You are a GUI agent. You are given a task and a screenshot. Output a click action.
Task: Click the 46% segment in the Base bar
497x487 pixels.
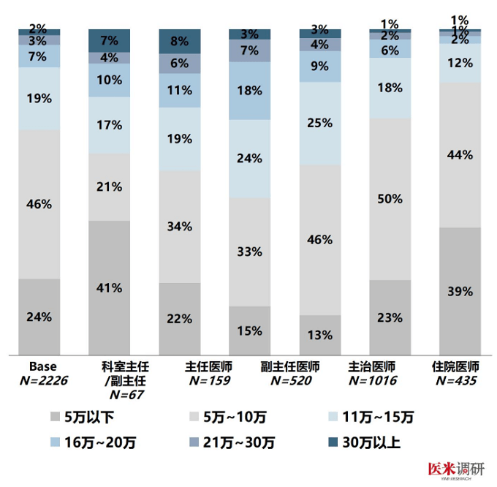point(39,204)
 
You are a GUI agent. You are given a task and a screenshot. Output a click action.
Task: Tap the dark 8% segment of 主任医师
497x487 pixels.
point(180,42)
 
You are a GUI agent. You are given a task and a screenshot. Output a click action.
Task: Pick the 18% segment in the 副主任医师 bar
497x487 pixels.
point(250,91)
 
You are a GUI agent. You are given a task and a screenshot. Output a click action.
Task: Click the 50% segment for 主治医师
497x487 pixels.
point(390,199)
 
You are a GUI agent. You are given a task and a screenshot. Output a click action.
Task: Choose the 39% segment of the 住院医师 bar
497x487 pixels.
point(460,291)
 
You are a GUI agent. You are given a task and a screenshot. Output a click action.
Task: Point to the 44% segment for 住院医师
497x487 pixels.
point(460,154)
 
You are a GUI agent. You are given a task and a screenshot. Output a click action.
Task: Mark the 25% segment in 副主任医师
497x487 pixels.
point(320,123)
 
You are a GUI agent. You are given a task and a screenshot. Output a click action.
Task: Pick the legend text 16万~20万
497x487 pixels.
point(99,442)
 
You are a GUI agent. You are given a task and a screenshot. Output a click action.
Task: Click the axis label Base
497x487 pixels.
point(39,366)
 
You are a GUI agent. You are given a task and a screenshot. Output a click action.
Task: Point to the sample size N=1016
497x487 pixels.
point(390,380)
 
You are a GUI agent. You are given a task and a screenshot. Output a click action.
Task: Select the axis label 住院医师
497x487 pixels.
point(460,366)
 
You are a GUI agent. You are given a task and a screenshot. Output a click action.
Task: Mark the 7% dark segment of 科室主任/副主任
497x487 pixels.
point(110,40)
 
